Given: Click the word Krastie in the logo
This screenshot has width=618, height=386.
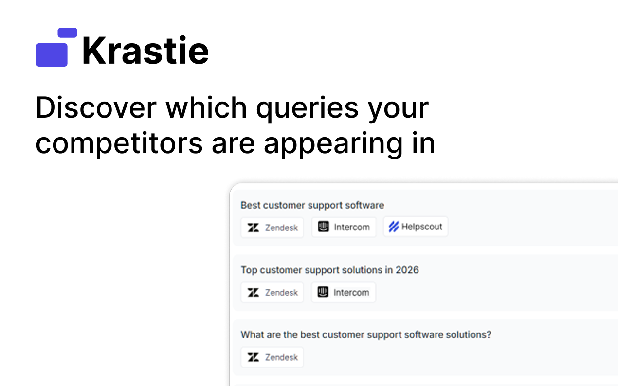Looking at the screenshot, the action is pos(145,51).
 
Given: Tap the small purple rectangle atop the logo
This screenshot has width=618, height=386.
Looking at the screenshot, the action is pos(67,33).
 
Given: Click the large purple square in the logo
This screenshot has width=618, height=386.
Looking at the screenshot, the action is pos(52,54).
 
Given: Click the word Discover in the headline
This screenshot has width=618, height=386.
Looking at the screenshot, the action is pos(96,107).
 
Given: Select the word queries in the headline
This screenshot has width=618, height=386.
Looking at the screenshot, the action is pos(308,109).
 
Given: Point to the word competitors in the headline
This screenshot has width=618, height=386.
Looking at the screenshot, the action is pos(119,143).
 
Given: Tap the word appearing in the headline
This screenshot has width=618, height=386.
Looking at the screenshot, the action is pos(333,145).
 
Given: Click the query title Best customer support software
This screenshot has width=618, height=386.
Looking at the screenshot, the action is pos(312,205).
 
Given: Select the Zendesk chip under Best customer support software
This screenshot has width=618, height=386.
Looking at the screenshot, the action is pos(272,228).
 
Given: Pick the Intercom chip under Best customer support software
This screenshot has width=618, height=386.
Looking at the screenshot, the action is pos(344,227).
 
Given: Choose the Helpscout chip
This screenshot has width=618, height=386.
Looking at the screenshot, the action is pos(416,227).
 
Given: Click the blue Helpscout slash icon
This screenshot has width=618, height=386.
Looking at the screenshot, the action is pos(394,227).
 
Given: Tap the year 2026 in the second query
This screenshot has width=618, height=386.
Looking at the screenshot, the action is pos(407,270).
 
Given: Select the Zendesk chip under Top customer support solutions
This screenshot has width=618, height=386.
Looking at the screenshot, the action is pos(272,292).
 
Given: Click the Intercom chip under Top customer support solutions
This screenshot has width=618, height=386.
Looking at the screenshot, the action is pos(344,292).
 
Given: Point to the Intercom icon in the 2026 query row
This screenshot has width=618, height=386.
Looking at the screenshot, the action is pos(323,292).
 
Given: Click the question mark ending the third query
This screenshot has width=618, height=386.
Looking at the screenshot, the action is pos(489,334).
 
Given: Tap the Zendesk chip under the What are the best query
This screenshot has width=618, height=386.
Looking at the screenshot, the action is pos(272,357).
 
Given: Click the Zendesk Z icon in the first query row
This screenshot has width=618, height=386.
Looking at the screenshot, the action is pos(253,228).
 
